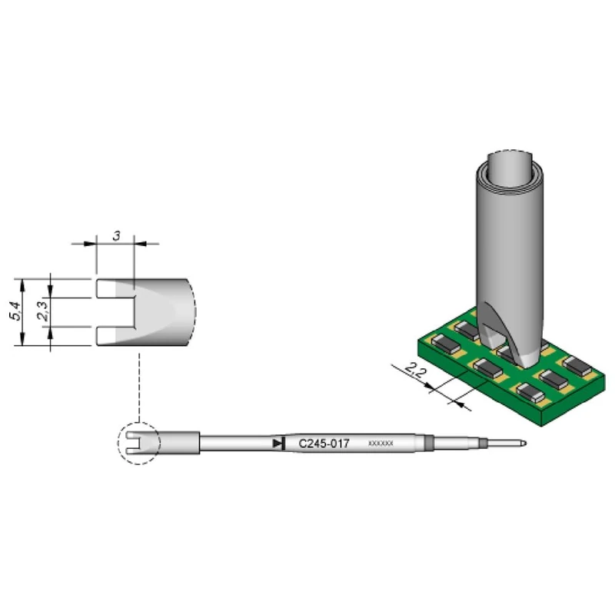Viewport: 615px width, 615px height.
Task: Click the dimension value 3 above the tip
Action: [115, 235]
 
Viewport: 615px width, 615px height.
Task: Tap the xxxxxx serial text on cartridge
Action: [381, 444]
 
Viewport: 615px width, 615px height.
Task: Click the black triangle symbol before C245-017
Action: [278, 443]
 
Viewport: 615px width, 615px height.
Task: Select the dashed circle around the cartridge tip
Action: [137, 443]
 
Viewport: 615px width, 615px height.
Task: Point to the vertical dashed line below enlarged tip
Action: [138, 384]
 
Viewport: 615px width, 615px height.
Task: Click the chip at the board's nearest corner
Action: [530, 394]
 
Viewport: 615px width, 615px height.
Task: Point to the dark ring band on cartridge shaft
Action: [428, 443]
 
